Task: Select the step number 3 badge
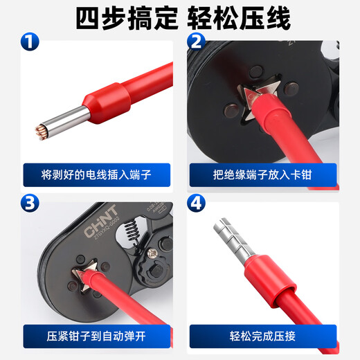tap(30, 204)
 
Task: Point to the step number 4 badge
tap(196, 204)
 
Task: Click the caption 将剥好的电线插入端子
tap(96, 174)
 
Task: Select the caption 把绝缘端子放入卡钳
tap(262, 174)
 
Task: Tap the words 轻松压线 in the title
tap(237, 17)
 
